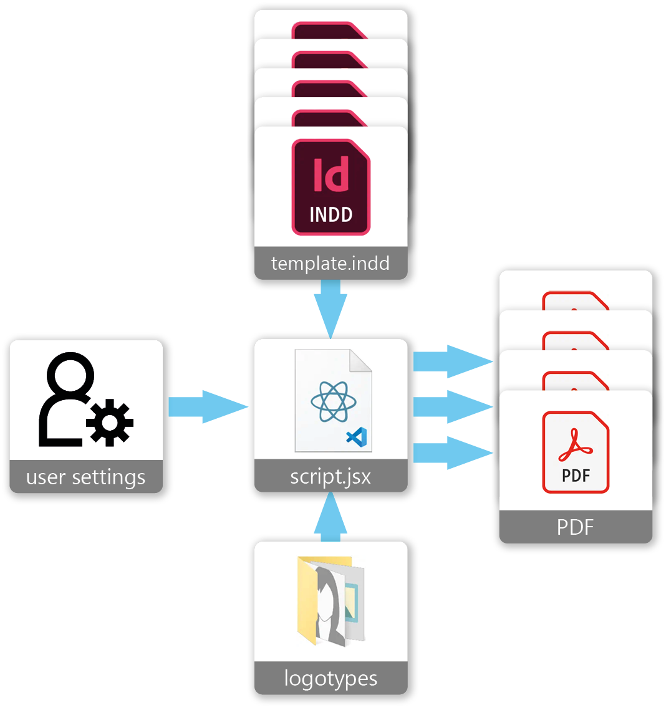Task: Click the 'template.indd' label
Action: point(331,264)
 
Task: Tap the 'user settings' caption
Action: point(86,478)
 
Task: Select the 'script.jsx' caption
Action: point(331,477)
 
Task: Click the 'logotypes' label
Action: point(331,678)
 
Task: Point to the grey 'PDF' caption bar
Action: point(575,527)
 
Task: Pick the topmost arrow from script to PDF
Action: point(452,361)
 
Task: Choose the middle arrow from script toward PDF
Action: point(452,407)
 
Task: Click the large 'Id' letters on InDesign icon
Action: point(331,174)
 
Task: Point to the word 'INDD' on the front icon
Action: point(331,215)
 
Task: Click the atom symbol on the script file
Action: point(334,402)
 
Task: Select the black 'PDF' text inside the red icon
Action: point(575,476)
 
